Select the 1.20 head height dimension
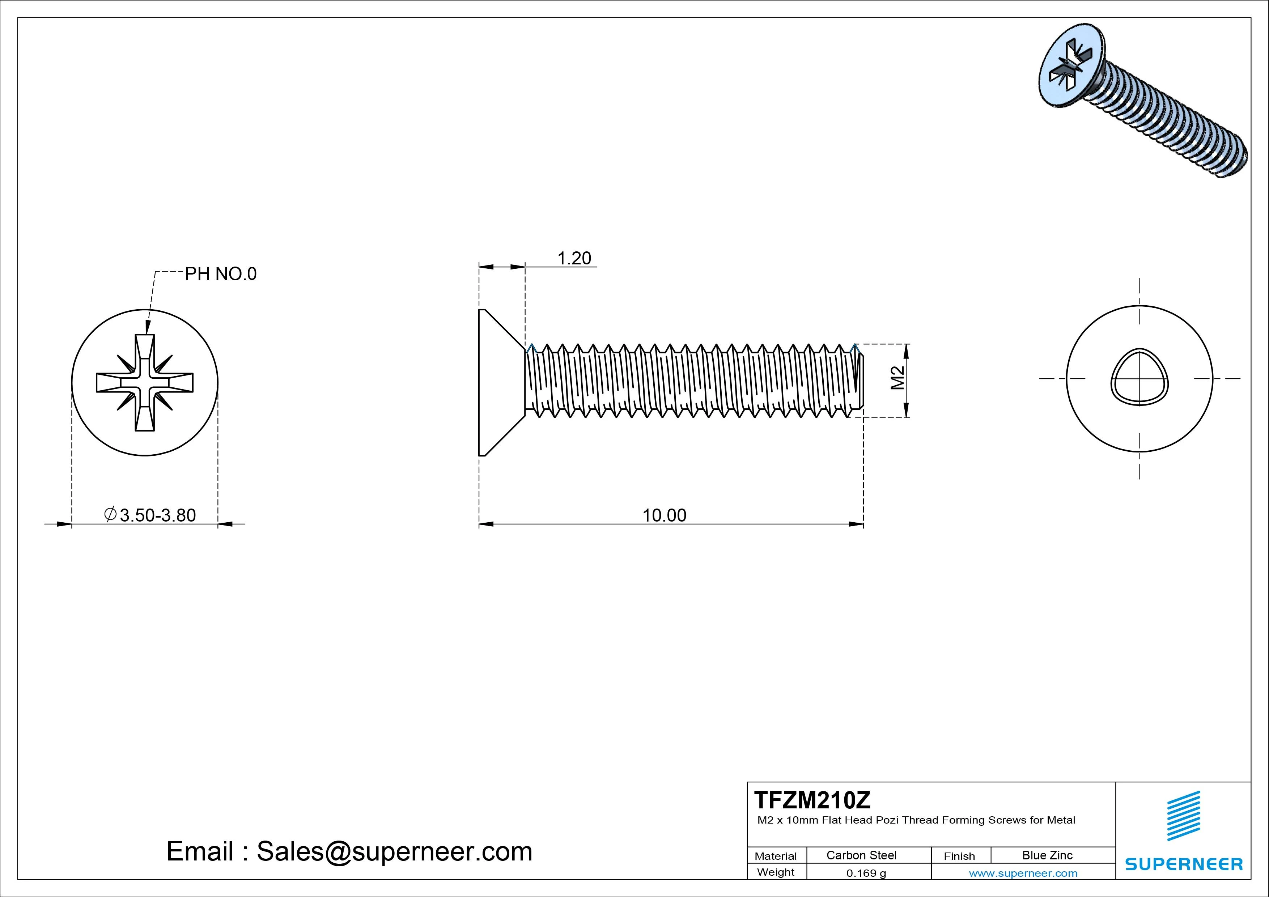point(574,258)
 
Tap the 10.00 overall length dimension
point(664,515)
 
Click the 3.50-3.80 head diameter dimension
point(157,515)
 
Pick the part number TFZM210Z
point(811,800)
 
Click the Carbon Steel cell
point(861,855)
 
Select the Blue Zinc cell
point(1047,855)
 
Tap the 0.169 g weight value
point(866,873)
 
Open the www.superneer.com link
point(1023,873)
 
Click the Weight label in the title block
point(776,872)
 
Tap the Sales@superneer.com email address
point(394,851)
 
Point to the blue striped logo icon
point(1183,816)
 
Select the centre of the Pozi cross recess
point(145,382)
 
